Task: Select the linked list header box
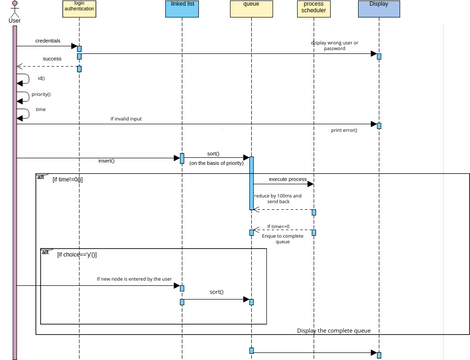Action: [182, 9]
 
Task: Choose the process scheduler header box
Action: [313, 9]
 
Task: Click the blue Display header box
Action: [379, 9]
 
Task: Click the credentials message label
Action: [47, 41]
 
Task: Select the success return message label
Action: [51, 59]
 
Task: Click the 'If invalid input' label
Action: [126, 118]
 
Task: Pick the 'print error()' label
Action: [344, 130]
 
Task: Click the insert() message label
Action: [106, 160]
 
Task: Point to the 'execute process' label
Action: [288, 179]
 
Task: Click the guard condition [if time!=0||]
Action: [67, 179]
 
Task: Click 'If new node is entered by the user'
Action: [134, 279]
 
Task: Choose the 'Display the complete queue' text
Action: [334, 330]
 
